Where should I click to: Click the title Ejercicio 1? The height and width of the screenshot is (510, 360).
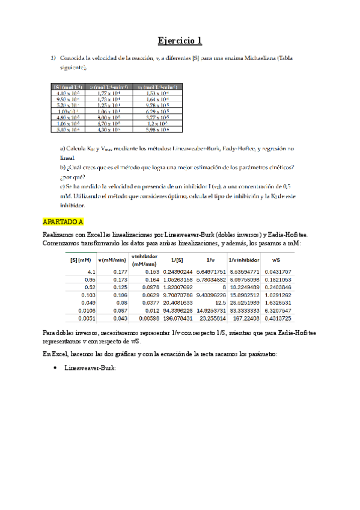coord(180,41)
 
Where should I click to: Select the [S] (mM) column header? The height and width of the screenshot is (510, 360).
coord(80,260)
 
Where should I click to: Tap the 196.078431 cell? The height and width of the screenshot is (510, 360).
coord(177,318)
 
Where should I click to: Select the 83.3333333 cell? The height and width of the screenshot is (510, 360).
coord(245,310)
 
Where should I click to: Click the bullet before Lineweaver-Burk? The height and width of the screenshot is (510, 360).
coord(55,366)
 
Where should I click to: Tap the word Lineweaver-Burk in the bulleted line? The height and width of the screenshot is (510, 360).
coord(87,366)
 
